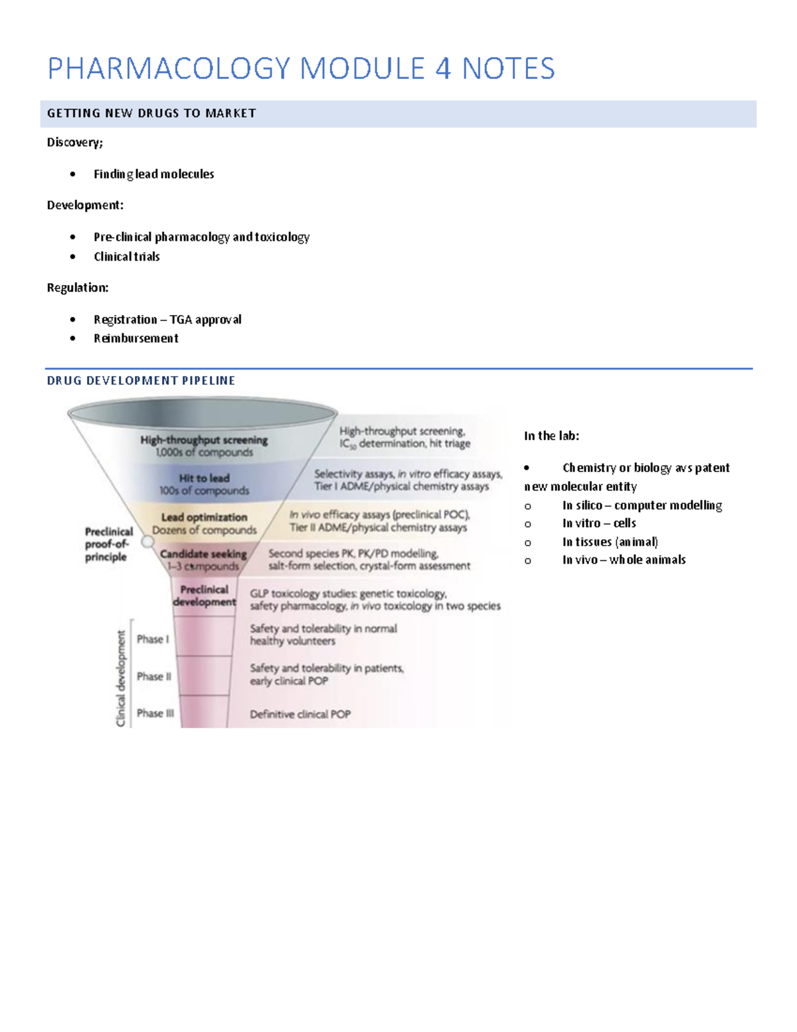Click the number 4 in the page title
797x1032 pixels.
pyautogui.click(x=443, y=69)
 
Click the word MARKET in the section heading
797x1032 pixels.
pyautogui.click(x=230, y=114)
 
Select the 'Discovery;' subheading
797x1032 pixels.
pyautogui.click(x=74, y=142)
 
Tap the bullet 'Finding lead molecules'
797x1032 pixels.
pyautogui.click(x=153, y=174)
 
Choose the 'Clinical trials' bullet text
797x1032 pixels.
pyautogui.click(x=126, y=257)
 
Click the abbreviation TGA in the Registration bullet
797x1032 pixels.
pyautogui.click(x=181, y=320)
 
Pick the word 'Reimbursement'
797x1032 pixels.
pyautogui.click(x=135, y=338)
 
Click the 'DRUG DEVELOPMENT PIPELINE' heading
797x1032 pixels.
pyautogui.click(x=141, y=381)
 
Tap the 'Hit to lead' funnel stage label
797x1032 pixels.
pyautogui.click(x=204, y=478)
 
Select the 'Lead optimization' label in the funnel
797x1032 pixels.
pyautogui.click(x=204, y=517)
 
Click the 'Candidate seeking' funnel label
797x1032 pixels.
pyautogui.click(x=203, y=554)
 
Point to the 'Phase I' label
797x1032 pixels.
pyautogui.click(x=153, y=639)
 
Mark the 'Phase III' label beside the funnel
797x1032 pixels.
pyautogui.click(x=155, y=713)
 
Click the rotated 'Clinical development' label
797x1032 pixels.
pyautogui.click(x=121, y=678)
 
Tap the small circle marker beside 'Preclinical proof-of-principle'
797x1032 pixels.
pyautogui.click(x=148, y=542)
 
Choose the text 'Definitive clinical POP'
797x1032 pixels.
pyautogui.click(x=300, y=714)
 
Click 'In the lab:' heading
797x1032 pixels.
pyautogui.click(x=551, y=436)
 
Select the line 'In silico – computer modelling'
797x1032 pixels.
pyautogui.click(x=642, y=506)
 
